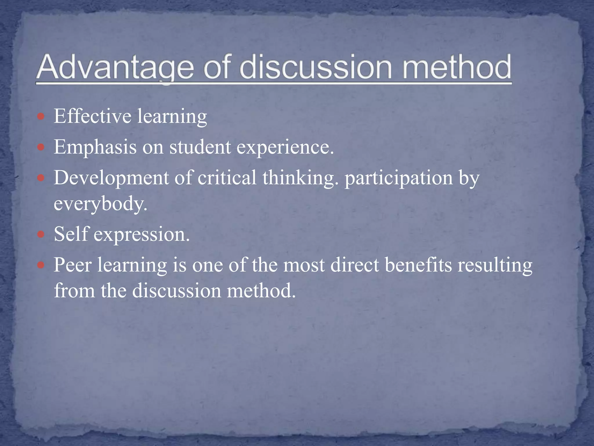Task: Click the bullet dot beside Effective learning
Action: point(41,117)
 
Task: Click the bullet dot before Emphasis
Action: point(41,148)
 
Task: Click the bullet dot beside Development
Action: point(41,178)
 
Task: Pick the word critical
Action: point(227,177)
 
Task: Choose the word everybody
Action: point(100,204)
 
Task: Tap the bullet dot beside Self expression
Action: point(41,234)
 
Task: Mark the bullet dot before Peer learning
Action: point(41,265)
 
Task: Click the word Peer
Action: point(73,265)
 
